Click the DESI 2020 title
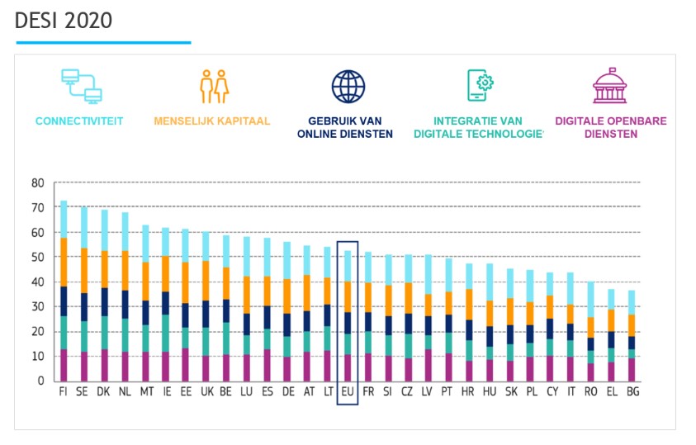click(64, 21)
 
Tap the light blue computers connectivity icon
click(80, 86)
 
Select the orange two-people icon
click(213, 86)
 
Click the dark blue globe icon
click(348, 86)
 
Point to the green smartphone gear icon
click(480, 86)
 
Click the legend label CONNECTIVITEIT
click(79, 121)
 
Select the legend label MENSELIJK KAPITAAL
click(212, 121)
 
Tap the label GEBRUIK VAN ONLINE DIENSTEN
click(348, 127)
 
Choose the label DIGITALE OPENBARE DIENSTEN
click(610, 127)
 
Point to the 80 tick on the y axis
click(37, 183)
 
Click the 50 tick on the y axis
click(37, 258)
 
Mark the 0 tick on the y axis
click(40, 381)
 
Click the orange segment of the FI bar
click(64, 262)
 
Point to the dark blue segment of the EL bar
click(611, 339)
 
